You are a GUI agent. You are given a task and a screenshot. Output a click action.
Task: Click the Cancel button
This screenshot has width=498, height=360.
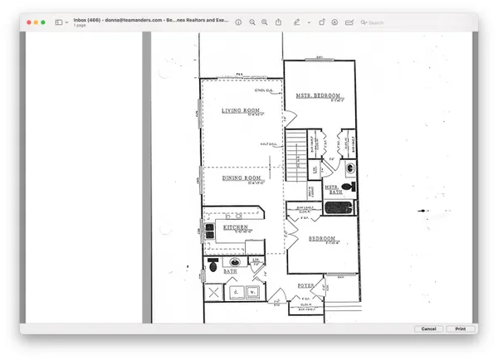tap(428, 329)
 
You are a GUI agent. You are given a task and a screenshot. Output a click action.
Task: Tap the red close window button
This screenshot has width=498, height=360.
tap(30, 22)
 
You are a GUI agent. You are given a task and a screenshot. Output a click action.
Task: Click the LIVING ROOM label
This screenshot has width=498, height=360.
tap(242, 110)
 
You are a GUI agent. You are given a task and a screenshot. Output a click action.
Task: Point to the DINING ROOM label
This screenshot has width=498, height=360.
tap(242, 178)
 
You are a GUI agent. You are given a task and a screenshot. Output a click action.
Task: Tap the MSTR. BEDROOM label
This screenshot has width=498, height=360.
tap(319, 95)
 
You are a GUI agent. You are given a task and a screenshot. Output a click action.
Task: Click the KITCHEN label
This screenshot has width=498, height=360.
tap(235, 226)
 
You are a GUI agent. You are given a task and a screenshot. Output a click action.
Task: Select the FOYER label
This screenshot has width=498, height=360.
tap(306, 285)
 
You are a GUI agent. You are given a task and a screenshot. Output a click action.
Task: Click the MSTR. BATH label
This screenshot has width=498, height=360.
tap(333, 187)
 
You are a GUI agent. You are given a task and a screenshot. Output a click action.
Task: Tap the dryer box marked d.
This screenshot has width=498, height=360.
tap(235, 292)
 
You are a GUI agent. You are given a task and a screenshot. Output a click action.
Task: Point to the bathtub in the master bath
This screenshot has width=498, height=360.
tap(339, 208)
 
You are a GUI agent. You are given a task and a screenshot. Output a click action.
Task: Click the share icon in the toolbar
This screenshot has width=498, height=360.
tap(278, 22)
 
